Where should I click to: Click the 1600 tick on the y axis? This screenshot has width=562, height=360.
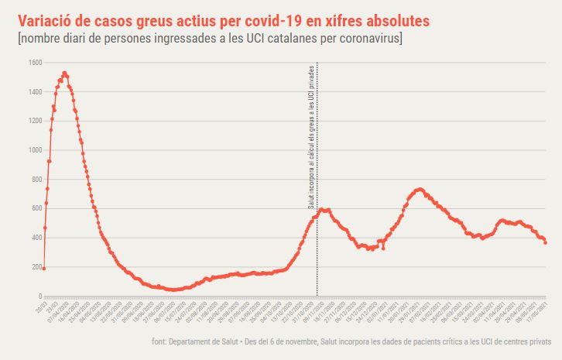(33, 63)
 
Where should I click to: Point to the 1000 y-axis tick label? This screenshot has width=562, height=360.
(33, 150)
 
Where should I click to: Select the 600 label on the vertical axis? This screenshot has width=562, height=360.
(35, 209)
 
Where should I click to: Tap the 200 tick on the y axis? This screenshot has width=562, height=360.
(35, 267)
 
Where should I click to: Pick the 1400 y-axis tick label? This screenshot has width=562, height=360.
(33, 92)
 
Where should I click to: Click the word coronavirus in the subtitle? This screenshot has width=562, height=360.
(364, 38)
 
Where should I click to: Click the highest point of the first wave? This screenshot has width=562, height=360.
(64, 74)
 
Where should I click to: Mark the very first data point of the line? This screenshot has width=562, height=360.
(43, 269)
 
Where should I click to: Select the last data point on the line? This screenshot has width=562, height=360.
(545, 243)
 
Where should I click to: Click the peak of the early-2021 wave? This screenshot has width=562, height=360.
(419, 189)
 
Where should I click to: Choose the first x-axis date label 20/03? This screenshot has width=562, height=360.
(40, 307)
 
